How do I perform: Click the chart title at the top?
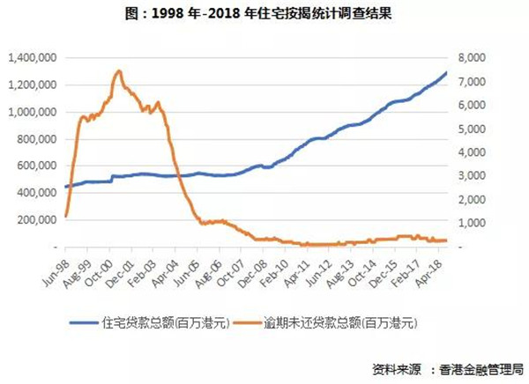click(x=264, y=14)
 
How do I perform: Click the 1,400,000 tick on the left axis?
click(x=34, y=58)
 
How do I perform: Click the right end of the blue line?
click(x=446, y=73)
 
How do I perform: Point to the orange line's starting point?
click(x=66, y=217)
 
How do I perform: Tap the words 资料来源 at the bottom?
click(x=398, y=367)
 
